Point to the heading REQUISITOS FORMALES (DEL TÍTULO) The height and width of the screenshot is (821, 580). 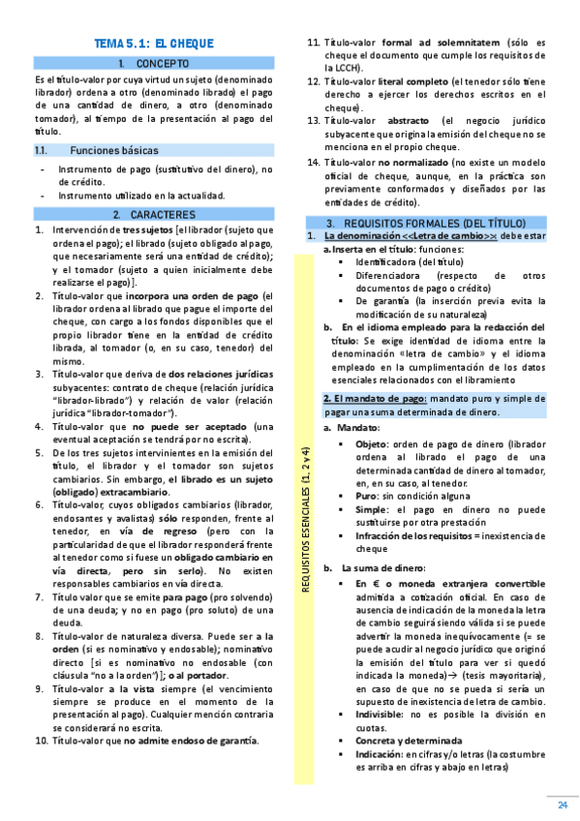point(439,223)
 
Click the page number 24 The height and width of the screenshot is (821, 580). point(562,806)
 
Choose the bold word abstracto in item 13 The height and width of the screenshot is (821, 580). point(412,120)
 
